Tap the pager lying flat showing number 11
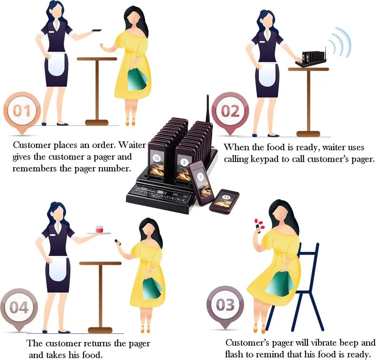coord(224,200)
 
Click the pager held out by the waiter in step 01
coord(97,30)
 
